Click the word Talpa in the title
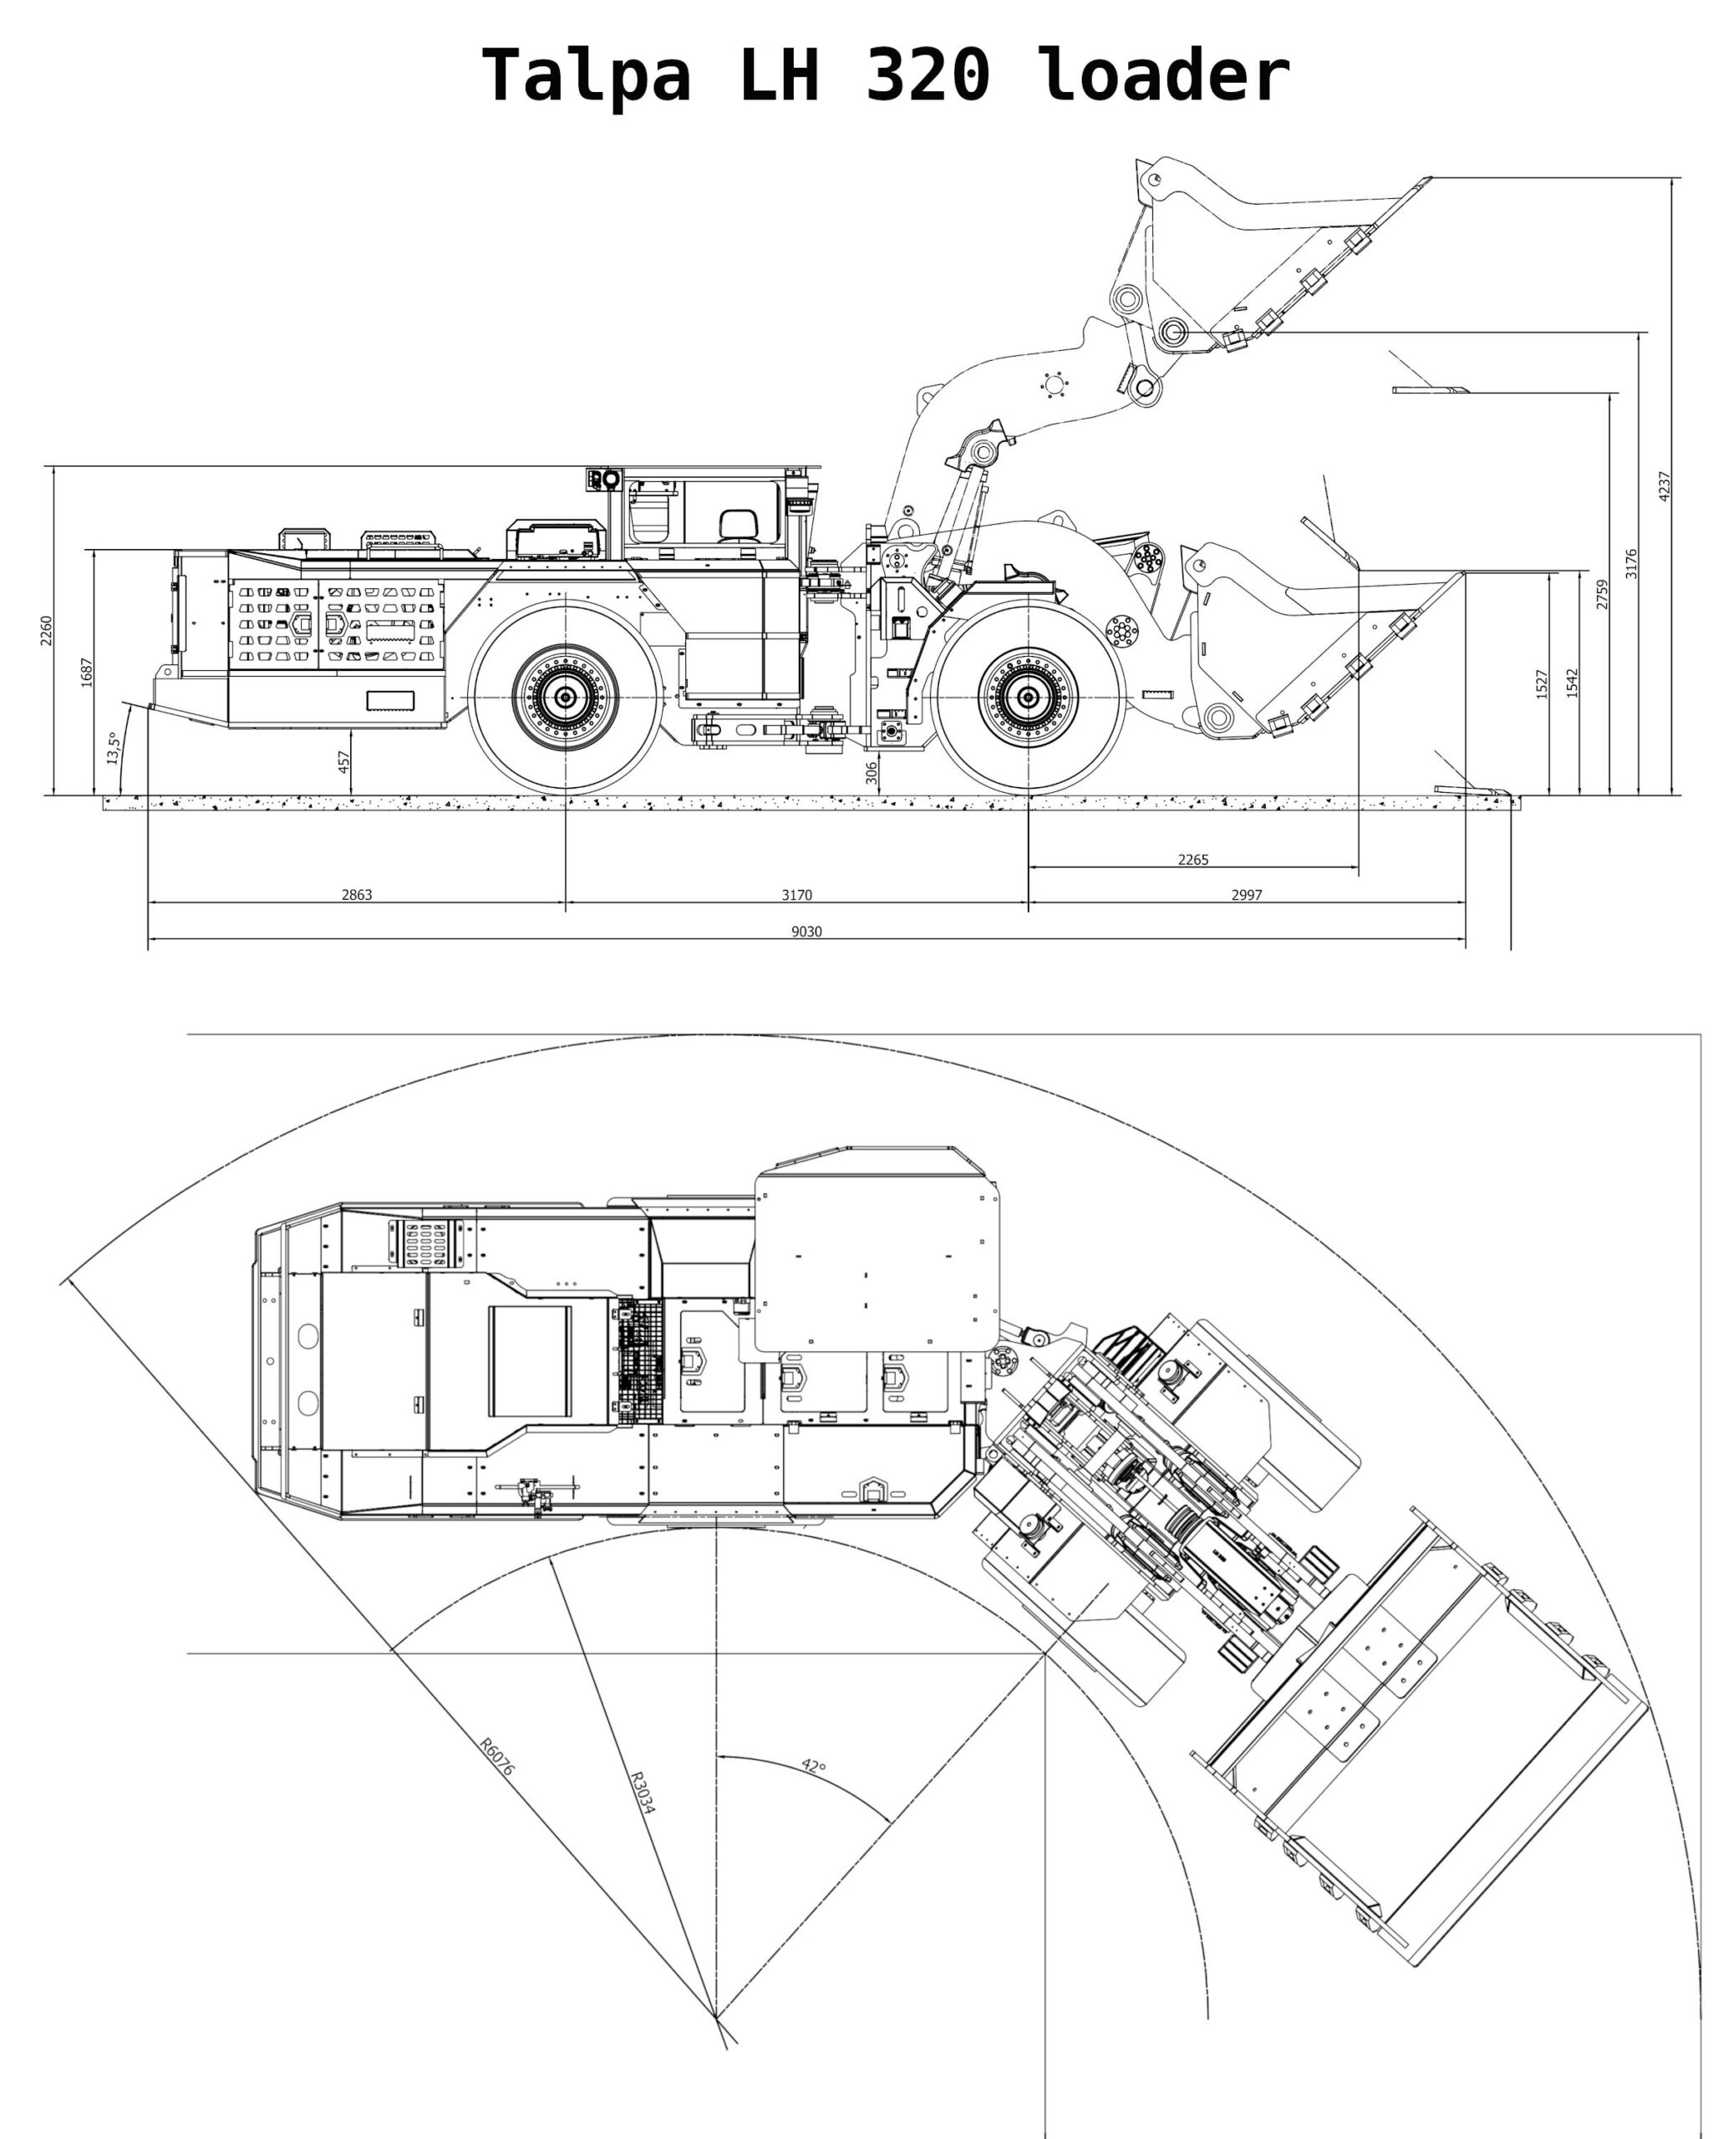pyautogui.click(x=586, y=75)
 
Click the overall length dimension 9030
pyautogui.click(x=806, y=931)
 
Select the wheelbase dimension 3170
pyautogui.click(x=796, y=894)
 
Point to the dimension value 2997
pyautogui.click(x=1247, y=894)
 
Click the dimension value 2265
pyautogui.click(x=1193, y=860)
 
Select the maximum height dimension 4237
pyautogui.click(x=1665, y=486)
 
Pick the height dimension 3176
pyautogui.click(x=1631, y=563)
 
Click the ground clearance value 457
pyautogui.click(x=343, y=761)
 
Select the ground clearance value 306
pyautogui.click(x=872, y=772)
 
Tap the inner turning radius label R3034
pyautogui.click(x=642, y=1792)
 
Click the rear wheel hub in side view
pyautogui.click(x=566, y=698)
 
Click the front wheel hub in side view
pyautogui.click(x=1029, y=698)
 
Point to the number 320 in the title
pyautogui.click(x=928, y=75)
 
